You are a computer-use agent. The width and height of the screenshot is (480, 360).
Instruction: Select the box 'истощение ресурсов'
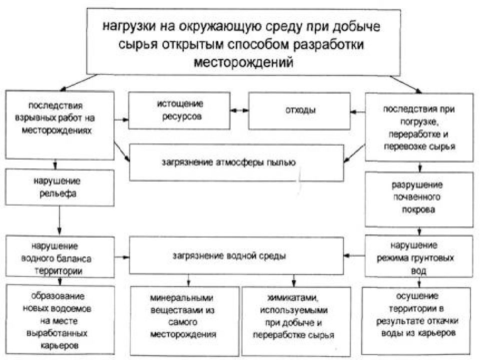coord(179,110)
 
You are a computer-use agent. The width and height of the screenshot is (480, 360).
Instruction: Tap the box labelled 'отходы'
coord(299,111)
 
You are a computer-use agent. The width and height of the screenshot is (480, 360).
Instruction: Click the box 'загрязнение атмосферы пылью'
coord(236,163)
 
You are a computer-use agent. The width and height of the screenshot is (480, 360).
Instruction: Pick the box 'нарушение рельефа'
coord(59,187)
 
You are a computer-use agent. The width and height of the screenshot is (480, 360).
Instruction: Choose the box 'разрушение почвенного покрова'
coord(419,199)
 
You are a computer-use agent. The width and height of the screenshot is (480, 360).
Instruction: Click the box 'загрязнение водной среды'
coord(236,255)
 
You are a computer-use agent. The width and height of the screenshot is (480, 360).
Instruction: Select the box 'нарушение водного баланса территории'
coord(60,256)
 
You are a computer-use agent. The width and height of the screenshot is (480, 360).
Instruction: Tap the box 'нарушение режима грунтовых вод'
coord(419,256)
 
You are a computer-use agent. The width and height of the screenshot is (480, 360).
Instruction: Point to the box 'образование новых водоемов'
coord(60,319)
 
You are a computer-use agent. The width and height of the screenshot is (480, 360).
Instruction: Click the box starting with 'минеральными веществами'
coord(184,321)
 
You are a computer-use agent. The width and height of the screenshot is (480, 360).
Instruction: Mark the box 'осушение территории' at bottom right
coord(416,320)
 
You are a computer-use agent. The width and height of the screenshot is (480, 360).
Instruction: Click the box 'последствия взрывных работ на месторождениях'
coord(59,125)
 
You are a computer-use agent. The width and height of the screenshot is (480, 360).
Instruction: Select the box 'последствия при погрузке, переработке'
coord(419,127)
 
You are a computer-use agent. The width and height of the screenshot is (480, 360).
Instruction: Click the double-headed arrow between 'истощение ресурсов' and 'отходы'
coord(239,110)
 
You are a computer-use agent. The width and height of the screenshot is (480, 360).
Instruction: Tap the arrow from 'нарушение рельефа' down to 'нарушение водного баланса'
coord(59,220)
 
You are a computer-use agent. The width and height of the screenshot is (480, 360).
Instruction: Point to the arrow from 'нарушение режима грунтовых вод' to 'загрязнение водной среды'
coord(354,255)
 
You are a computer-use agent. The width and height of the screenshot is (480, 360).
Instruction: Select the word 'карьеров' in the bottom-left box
coord(59,346)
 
